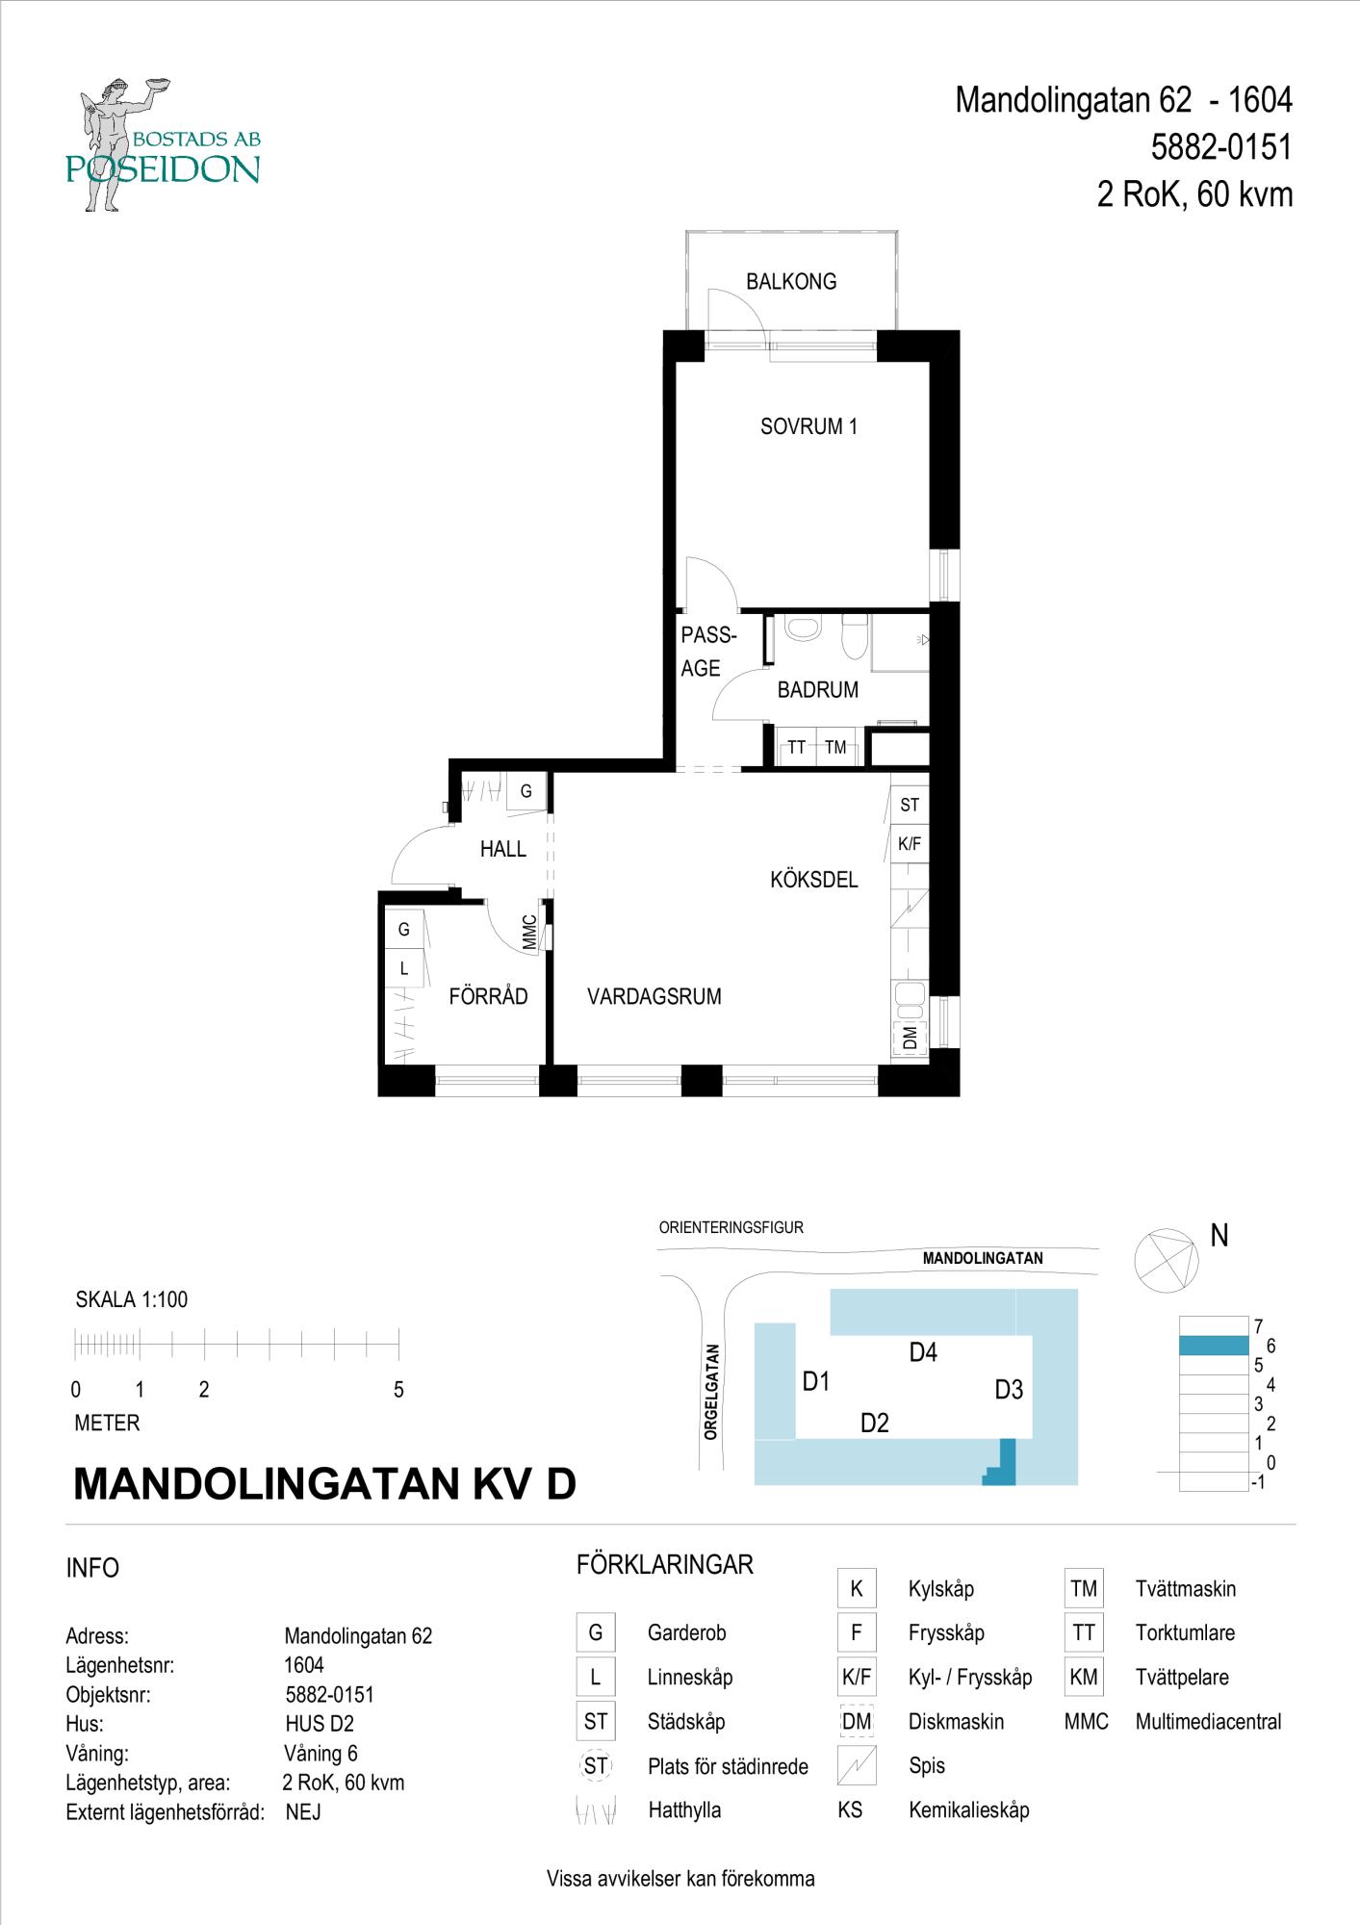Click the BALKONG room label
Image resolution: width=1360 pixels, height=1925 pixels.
pos(791,282)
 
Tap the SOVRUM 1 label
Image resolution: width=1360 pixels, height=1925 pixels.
pos(808,426)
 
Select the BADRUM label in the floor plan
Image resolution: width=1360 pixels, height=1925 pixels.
pos(818,690)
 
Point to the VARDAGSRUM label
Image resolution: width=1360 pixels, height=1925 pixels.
pos(654,997)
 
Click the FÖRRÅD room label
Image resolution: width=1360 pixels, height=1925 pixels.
pos(488,996)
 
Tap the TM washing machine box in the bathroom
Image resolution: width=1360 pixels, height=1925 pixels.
pos(836,747)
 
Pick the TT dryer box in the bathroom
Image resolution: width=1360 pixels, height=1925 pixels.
pos(796,747)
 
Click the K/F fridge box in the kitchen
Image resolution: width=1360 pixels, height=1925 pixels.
pos(910,844)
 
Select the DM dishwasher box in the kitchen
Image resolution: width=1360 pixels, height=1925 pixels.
pos(910,1038)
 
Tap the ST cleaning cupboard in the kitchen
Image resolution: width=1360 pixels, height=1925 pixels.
pos(910,805)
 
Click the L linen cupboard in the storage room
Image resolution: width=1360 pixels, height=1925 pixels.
pos(404,969)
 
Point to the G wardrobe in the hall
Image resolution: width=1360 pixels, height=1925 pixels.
pos(526,792)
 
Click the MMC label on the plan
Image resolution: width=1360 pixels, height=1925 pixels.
pos(529,932)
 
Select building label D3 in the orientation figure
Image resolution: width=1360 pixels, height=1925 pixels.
pos(1009,1390)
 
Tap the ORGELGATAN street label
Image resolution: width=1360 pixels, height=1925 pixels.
pos(711,1392)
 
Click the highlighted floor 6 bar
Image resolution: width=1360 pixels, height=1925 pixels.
pos(1215,1347)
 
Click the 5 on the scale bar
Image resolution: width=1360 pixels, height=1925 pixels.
pos(398,1390)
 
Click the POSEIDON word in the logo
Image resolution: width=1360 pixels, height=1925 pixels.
pos(163,169)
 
